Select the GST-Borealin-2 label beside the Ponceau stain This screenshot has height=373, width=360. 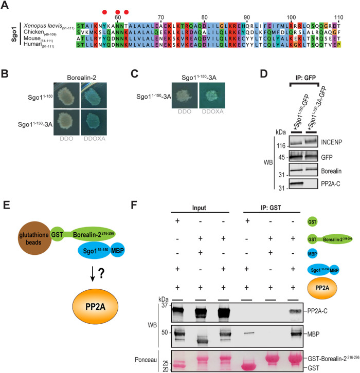click(331, 355)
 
